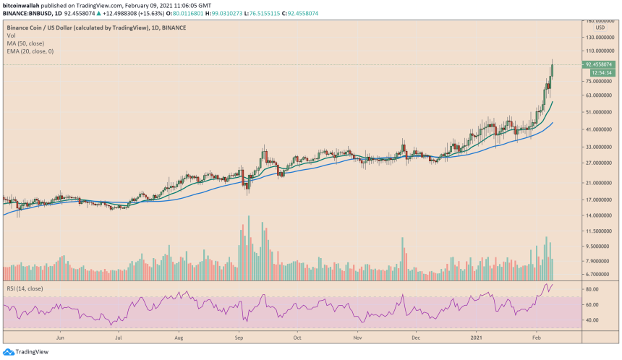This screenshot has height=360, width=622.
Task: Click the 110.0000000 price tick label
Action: pyautogui.click(x=601, y=51)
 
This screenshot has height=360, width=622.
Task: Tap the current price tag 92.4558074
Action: pyautogui.click(x=601, y=64)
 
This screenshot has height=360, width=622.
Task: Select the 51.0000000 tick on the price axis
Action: pyautogui.click(x=601, y=112)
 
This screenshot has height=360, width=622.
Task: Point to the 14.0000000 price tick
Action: pyautogui.click(x=601, y=215)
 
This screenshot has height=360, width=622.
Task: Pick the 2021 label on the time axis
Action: pyautogui.click(x=477, y=337)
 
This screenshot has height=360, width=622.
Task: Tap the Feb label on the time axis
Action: pyautogui.click(x=536, y=337)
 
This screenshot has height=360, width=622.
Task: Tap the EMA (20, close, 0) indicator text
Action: pyautogui.click(x=30, y=52)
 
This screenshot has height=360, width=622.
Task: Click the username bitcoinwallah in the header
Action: pyautogui.click(x=21, y=4)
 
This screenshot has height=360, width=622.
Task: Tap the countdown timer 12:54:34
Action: pyautogui.click(x=601, y=72)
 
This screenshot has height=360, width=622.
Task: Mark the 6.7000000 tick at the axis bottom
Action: pyautogui.click(x=601, y=275)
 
